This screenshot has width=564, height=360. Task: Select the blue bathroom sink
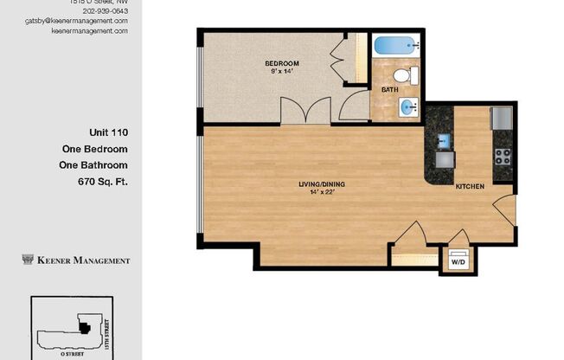(x=408, y=107)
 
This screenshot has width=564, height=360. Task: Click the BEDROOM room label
(x=282, y=63)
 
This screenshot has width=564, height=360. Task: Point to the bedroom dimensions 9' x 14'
(x=282, y=72)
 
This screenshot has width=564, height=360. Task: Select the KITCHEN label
(x=470, y=186)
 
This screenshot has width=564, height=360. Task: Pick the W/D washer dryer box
(x=457, y=260)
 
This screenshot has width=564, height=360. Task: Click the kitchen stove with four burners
(x=502, y=157)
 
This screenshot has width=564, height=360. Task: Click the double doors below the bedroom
(x=305, y=111)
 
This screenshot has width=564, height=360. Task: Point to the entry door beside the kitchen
(x=503, y=210)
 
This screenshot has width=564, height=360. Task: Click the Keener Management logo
(x=76, y=260)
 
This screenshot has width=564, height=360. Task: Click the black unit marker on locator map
(x=84, y=327)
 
